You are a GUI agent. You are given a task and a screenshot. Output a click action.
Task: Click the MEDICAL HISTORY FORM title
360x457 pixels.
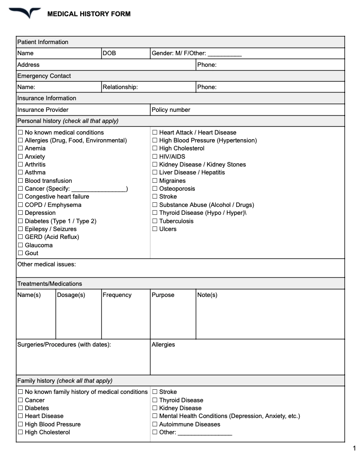click(89, 14)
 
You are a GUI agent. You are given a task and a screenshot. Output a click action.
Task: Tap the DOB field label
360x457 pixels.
click(109, 53)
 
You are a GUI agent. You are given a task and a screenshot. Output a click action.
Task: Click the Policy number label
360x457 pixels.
click(171, 110)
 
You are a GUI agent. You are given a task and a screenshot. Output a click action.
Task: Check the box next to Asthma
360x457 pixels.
click(20, 173)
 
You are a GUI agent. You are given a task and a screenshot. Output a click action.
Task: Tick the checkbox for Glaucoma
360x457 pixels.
click(20, 245)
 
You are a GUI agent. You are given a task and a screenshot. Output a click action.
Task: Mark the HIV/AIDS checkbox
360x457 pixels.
click(155, 157)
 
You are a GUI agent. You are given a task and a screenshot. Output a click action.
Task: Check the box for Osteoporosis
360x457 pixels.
click(155, 189)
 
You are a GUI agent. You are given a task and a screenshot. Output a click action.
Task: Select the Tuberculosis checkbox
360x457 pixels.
click(155, 221)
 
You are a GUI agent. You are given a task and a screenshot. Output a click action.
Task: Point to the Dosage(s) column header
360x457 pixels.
click(71, 295)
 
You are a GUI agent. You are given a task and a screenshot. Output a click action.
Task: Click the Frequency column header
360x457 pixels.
click(117, 295)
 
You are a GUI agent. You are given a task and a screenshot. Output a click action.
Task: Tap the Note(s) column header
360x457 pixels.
click(207, 295)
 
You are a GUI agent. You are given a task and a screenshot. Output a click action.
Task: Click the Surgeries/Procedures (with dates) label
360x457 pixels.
click(64, 345)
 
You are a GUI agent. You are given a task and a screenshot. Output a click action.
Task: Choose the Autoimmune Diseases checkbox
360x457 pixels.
click(155, 425)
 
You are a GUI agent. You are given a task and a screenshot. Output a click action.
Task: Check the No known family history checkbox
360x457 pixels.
click(20, 392)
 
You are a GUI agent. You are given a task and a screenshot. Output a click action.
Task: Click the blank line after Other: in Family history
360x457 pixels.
click(205, 433)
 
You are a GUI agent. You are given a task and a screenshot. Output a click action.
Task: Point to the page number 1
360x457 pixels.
click(354, 448)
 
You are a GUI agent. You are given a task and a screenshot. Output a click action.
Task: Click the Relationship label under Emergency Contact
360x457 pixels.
click(120, 87)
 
